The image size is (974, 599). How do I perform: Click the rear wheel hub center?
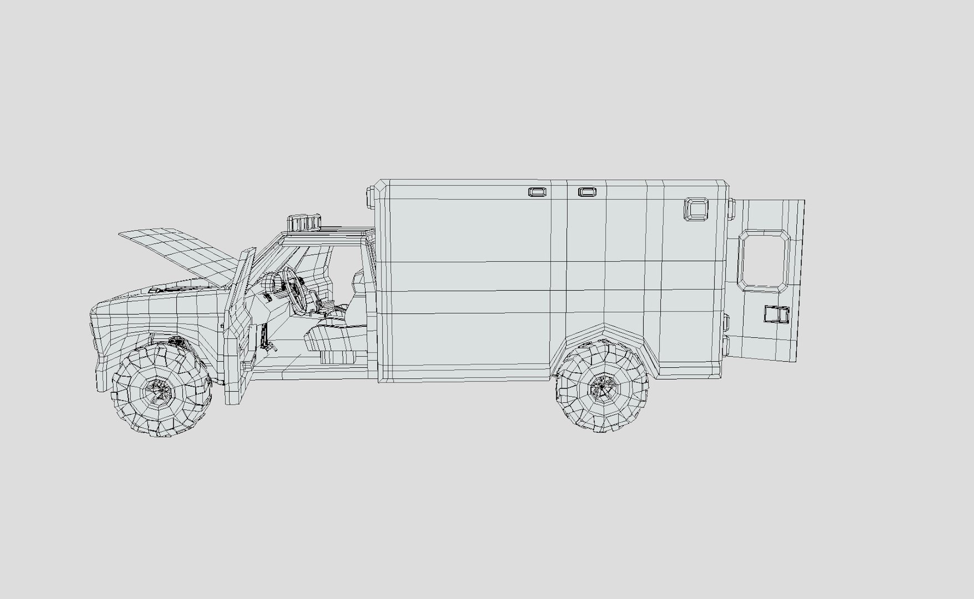click(x=603, y=387)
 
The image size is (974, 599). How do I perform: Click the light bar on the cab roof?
click(x=304, y=222)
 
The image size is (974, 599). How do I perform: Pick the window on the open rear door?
click(x=764, y=261)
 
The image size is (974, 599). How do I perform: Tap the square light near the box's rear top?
click(x=697, y=209)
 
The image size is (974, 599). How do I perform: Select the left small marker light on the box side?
click(x=537, y=192)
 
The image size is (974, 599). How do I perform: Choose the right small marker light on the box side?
click(x=588, y=192)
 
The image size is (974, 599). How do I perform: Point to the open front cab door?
click(x=239, y=327)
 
